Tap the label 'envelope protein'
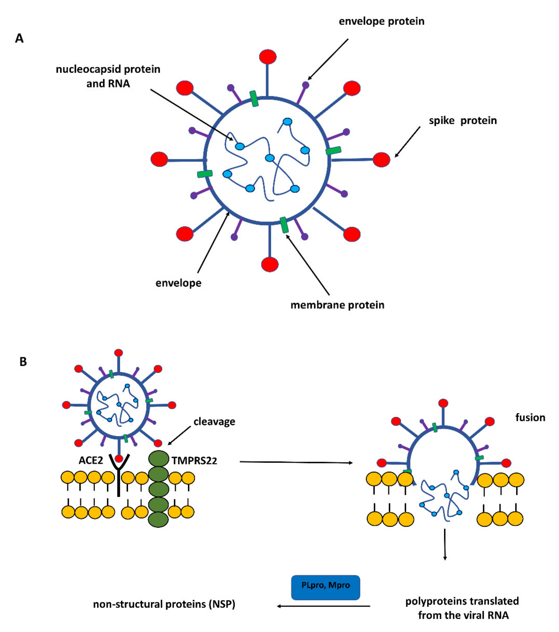(381, 21)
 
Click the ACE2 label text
(91, 460)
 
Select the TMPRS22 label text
(194, 461)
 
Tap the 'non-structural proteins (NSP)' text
(164, 604)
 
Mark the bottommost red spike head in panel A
(270, 264)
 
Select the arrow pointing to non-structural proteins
(323, 606)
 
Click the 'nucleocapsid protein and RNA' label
(108, 76)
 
